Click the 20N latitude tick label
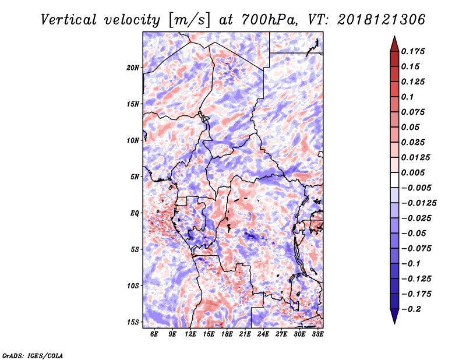click(133, 68)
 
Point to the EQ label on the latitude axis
click(135, 213)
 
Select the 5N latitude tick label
click(135, 177)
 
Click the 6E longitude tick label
click(154, 334)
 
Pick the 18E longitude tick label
click(227, 334)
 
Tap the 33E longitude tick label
click(317, 334)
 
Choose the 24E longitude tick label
click(263, 334)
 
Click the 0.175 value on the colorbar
click(413, 51)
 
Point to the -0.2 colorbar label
click(411, 309)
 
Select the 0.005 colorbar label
click(413, 172)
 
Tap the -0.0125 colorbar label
click(419, 203)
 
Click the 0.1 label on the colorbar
click(407, 97)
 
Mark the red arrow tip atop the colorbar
click(394, 36)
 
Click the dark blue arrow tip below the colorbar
click(394, 323)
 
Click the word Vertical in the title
click(69, 20)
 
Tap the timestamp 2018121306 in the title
click(382, 20)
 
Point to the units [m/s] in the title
click(190, 20)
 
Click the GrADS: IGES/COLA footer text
click(33, 356)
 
